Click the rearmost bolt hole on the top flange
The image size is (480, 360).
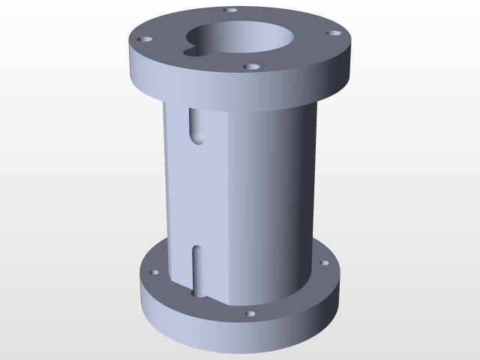point(231,11)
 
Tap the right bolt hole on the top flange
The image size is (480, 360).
point(334,33)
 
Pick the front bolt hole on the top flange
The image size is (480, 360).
point(253,67)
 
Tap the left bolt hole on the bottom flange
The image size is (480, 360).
point(154,273)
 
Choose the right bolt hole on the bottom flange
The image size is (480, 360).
point(324,264)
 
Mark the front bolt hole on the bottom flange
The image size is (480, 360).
point(250,313)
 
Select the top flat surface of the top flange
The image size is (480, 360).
point(300,45)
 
